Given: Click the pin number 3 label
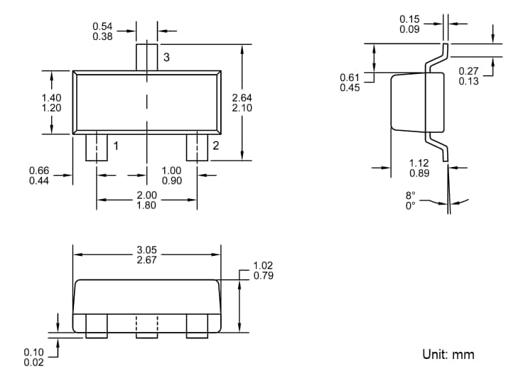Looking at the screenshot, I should coord(166,58).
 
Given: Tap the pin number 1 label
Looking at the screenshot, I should coord(115,146).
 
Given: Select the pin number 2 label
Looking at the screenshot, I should coord(215,146).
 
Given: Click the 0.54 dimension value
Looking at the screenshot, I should coord(102,26).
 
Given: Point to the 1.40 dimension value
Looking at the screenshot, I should coord(52,97).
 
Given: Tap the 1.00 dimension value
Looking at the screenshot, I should coord(171,171).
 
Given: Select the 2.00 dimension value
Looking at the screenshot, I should coord(146,195).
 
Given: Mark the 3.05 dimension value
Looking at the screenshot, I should coord(146,250).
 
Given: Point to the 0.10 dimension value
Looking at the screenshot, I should coord(33,353).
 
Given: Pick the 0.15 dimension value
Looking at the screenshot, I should coord(409,19).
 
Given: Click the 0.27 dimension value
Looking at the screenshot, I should coord(468,71).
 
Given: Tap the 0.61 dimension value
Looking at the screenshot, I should coord(350,77).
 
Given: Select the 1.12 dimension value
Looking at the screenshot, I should coord(419,163).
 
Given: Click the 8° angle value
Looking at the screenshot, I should coord(410,195).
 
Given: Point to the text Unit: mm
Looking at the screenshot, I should coord(448,354).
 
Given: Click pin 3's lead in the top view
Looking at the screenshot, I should coord(146,57).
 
